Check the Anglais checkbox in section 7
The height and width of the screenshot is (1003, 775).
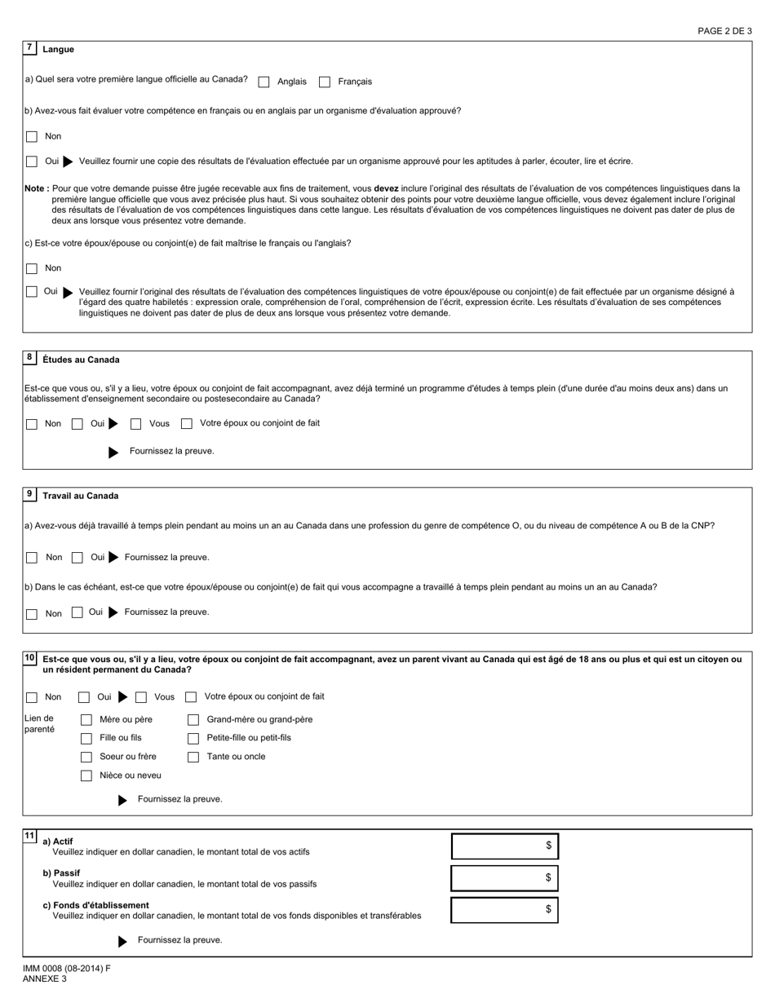pyautogui.click(x=264, y=82)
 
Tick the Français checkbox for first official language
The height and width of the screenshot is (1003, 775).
pyautogui.click(x=325, y=82)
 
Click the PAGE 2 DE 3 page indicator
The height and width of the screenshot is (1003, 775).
pyautogui.click(x=724, y=31)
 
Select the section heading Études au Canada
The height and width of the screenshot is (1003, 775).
pyautogui.click(x=81, y=360)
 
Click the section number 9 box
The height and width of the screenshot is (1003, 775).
pyautogui.click(x=30, y=494)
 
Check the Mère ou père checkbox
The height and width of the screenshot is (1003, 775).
pyautogui.click(x=86, y=720)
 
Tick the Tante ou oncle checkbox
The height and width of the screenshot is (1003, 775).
pyautogui.click(x=193, y=757)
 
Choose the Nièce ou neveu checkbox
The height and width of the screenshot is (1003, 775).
pyautogui.click(x=86, y=775)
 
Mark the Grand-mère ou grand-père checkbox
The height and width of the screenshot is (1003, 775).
pyautogui.click(x=193, y=720)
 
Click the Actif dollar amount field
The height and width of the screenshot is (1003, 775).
pyautogui.click(x=504, y=846)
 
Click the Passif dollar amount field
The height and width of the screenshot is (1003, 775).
pyautogui.click(x=504, y=878)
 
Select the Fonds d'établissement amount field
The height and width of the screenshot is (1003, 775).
pyautogui.click(x=504, y=910)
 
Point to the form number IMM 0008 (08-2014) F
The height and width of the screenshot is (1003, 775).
pyautogui.click(x=67, y=969)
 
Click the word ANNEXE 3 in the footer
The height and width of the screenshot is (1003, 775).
pyautogui.click(x=45, y=979)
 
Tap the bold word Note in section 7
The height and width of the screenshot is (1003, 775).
pyautogui.click(x=36, y=188)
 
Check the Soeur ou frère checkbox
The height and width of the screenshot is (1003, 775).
pyautogui.click(x=86, y=757)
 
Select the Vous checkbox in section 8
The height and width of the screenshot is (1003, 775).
pyautogui.click(x=136, y=424)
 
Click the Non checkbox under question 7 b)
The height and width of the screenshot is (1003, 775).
pyautogui.click(x=32, y=137)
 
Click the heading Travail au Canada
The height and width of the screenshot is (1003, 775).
pyautogui.click(x=80, y=496)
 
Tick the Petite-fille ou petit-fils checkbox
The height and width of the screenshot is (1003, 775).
pyautogui.click(x=193, y=739)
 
